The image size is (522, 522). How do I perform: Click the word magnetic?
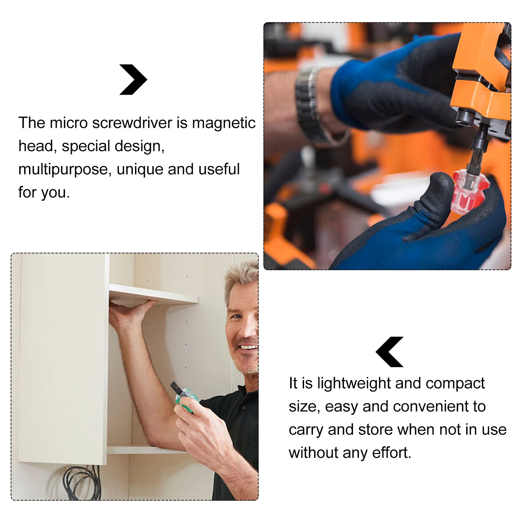click(x=223, y=123)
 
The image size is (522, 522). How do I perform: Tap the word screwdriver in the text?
click(x=132, y=123)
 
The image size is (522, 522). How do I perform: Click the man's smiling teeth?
click(x=250, y=347)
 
